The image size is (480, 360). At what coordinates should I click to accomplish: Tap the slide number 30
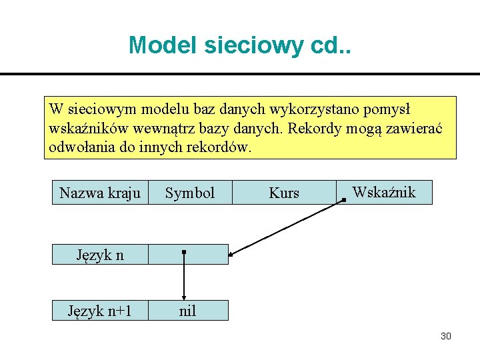[x=446, y=336]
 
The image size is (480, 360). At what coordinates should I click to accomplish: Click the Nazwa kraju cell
[x=100, y=193]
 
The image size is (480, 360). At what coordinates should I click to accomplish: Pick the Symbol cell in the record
[x=190, y=193]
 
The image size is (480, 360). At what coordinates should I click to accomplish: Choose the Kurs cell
[x=284, y=193]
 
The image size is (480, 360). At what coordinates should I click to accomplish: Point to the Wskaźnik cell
[x=384, y=193]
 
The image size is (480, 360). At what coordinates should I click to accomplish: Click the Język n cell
[x=100, y=255]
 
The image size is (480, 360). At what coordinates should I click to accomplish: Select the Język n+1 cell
[x=100, y=311]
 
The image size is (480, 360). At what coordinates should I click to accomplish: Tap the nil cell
[x=188, y=311]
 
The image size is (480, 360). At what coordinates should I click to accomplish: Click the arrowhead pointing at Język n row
[x=232, y=253]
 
